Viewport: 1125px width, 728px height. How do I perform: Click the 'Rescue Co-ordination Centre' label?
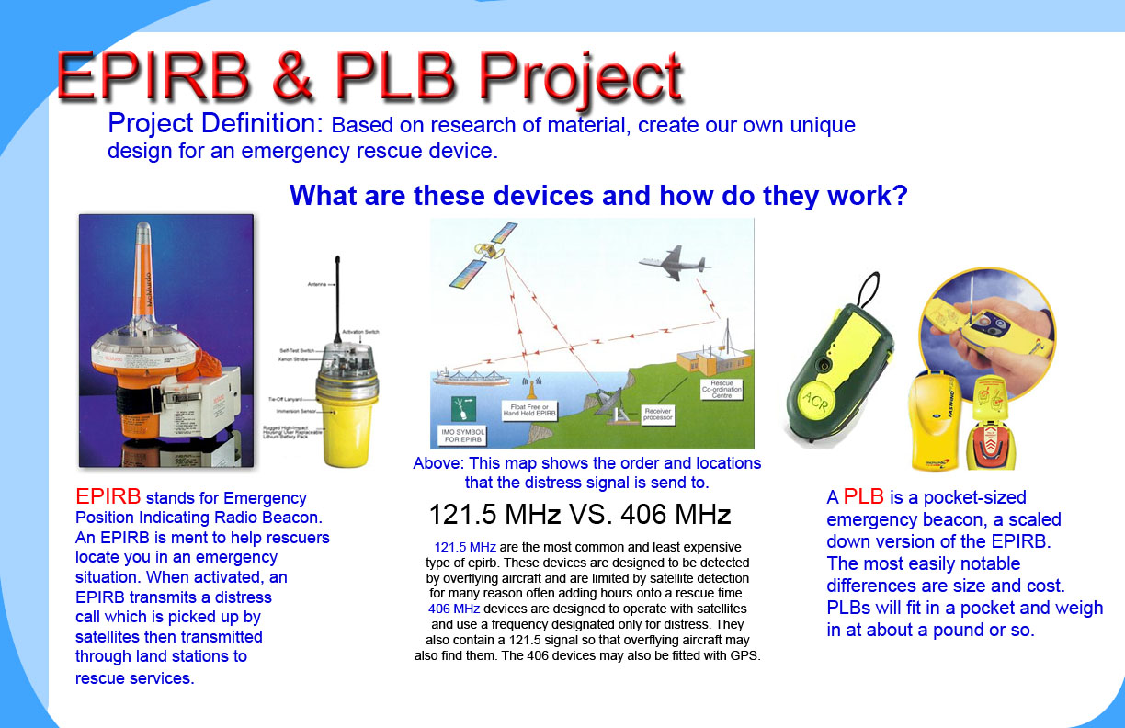[x=721, y=389]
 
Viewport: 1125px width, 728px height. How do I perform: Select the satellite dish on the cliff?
[x=618, y=398]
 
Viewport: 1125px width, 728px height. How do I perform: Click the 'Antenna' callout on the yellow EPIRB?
[x=315, y=285]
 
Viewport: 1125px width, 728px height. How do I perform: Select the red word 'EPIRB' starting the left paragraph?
[x=108, y=497]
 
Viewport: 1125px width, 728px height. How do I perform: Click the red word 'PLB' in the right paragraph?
[x=863, y=497]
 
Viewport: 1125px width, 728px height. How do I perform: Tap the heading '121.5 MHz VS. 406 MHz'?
[x=580, y=513]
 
